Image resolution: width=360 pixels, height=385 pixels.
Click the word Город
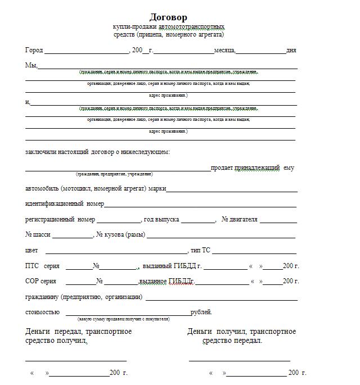point(34,51)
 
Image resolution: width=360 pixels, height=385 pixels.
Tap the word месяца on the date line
point(224,51)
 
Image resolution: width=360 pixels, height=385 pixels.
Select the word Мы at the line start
point(30,66)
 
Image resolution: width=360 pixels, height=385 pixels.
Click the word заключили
point(42,152)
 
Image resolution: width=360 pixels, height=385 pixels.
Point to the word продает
point(222,167)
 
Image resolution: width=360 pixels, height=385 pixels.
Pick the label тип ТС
point(200,250)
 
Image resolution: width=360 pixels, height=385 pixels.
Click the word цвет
point(31,250)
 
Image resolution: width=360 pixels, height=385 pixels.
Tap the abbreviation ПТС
point(32,266)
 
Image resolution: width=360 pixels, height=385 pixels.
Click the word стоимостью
point(42,312)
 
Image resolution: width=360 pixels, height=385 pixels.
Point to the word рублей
point(201,312)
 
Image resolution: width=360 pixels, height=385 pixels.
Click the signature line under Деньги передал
point(76,360)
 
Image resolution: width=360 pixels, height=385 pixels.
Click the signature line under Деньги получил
point(240,360)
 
